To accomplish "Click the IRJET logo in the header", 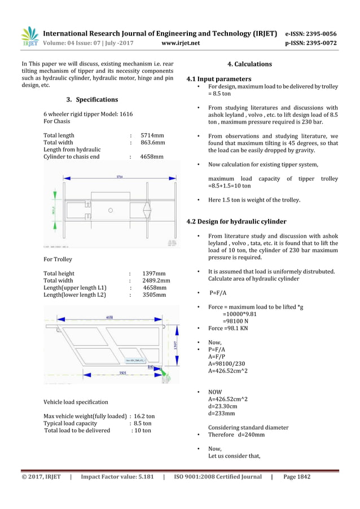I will pyautogui.click(x=30, y=36).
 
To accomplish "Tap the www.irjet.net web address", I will pyautogui.click(x=180, y=42).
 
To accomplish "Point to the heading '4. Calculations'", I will pyautogui.click(x=249, y=64).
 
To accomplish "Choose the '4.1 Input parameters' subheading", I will pyautogui.click(x=219, y=79).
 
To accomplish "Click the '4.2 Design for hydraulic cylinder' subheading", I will pyautogui.click(x=236, y=221).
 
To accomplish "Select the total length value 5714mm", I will pyautogui.click(x=152, y=135).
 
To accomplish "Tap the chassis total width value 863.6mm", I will pyautogui.click(x=152, y=143).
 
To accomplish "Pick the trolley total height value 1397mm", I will pyautogui.click(x=153, y=273).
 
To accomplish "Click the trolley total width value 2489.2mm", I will pyautogui.click(x=156, y=280).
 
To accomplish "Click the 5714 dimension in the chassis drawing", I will pyautogui.click(x=120, y=176).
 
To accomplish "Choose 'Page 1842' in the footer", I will pyautogui.click(x=296, y=477).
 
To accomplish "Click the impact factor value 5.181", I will pyautogui.click(x=141, y=477).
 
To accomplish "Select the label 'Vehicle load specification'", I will pyautogui.click(x=76, y=402).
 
